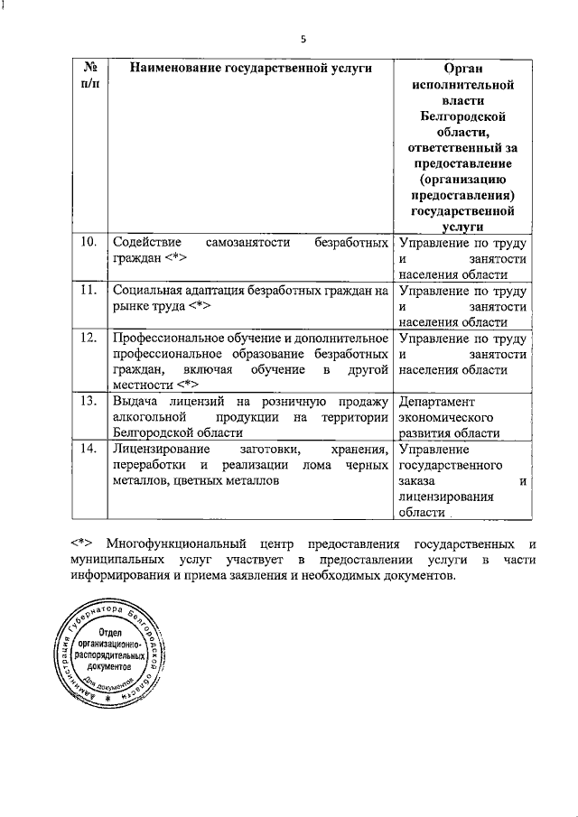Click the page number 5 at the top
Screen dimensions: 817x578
pos(303,38)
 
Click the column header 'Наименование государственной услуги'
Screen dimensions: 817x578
pos(250,69)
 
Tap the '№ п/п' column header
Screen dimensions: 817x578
pos(90,77)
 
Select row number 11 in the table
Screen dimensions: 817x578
pos(89,291)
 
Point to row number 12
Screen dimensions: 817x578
pos(89,339)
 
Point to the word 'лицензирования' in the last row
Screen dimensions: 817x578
pos(446,497)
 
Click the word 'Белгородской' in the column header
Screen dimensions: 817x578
pos(461,117)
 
